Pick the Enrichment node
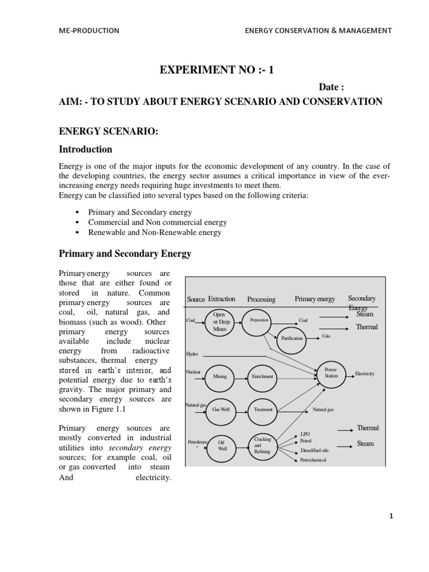click(263, 376)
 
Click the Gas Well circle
click(221, 409)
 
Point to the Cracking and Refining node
click(263, 445)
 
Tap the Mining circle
click(220, 376)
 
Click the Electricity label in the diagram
click(364, 373)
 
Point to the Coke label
click(326, 336)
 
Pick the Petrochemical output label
click(313, 460)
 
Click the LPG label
click(305, 433)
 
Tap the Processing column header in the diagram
click(261, 299)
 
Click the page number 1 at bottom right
click(392, 517)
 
